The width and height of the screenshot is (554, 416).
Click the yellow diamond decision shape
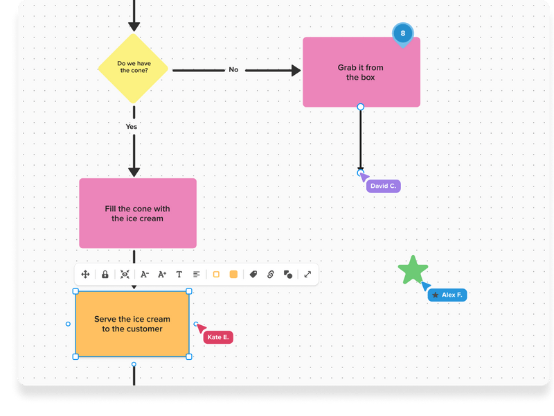pos(134,67)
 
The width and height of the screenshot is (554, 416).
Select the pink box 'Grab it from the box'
pos(361,72)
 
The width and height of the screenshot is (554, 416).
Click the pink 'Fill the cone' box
pos(138,213)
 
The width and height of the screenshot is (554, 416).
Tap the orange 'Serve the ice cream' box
pos(132,324)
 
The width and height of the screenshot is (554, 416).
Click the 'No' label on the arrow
pos(233,69)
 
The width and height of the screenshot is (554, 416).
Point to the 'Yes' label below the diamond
pos(132,127)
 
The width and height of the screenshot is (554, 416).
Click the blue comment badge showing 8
pos(402,33)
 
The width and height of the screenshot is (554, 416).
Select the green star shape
pos(413,270)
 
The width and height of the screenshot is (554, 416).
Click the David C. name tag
pos(383,186)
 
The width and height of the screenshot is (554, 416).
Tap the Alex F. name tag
pos(447,295)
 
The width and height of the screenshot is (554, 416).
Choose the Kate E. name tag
pos(217,337)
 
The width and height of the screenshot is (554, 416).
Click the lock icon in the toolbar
pos(105,275)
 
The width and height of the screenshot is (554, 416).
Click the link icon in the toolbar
pos(271,275)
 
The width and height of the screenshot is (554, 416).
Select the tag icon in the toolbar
pos(253,275)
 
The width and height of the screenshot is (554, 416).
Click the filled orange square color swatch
pos(233,275)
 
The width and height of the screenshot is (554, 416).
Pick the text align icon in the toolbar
pos(197,275)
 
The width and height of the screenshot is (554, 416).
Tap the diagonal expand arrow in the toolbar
pos(307,275)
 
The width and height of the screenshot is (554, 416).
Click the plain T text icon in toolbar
pos(179,275)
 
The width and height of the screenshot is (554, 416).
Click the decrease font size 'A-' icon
pos(145,275)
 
